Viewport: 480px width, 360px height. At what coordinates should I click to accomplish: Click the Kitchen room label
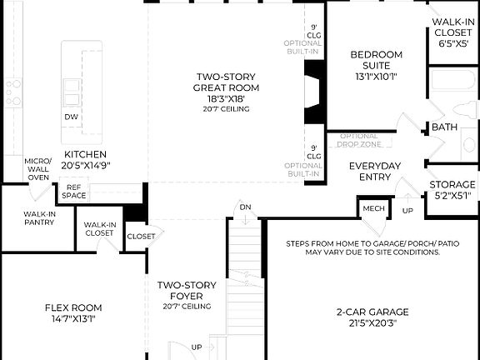(x=86, y=154)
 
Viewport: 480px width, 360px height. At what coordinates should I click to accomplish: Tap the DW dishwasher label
(x=72, y=117)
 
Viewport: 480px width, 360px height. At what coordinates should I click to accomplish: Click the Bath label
(x=443, y=127)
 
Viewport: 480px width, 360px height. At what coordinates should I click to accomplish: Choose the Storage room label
(x=452, y=185)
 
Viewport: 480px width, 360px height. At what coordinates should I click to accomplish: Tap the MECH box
(x=370, y=207)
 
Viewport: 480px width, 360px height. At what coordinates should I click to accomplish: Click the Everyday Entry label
(x=376, y=172)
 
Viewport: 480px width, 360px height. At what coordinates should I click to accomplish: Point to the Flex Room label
(x=73, y=308)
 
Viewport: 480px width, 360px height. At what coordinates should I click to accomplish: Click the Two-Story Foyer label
(x=187, y=291)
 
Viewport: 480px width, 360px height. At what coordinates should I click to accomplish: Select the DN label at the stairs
(x=245, y=207)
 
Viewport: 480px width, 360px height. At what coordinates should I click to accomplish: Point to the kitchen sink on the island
(x=72, y=86)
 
